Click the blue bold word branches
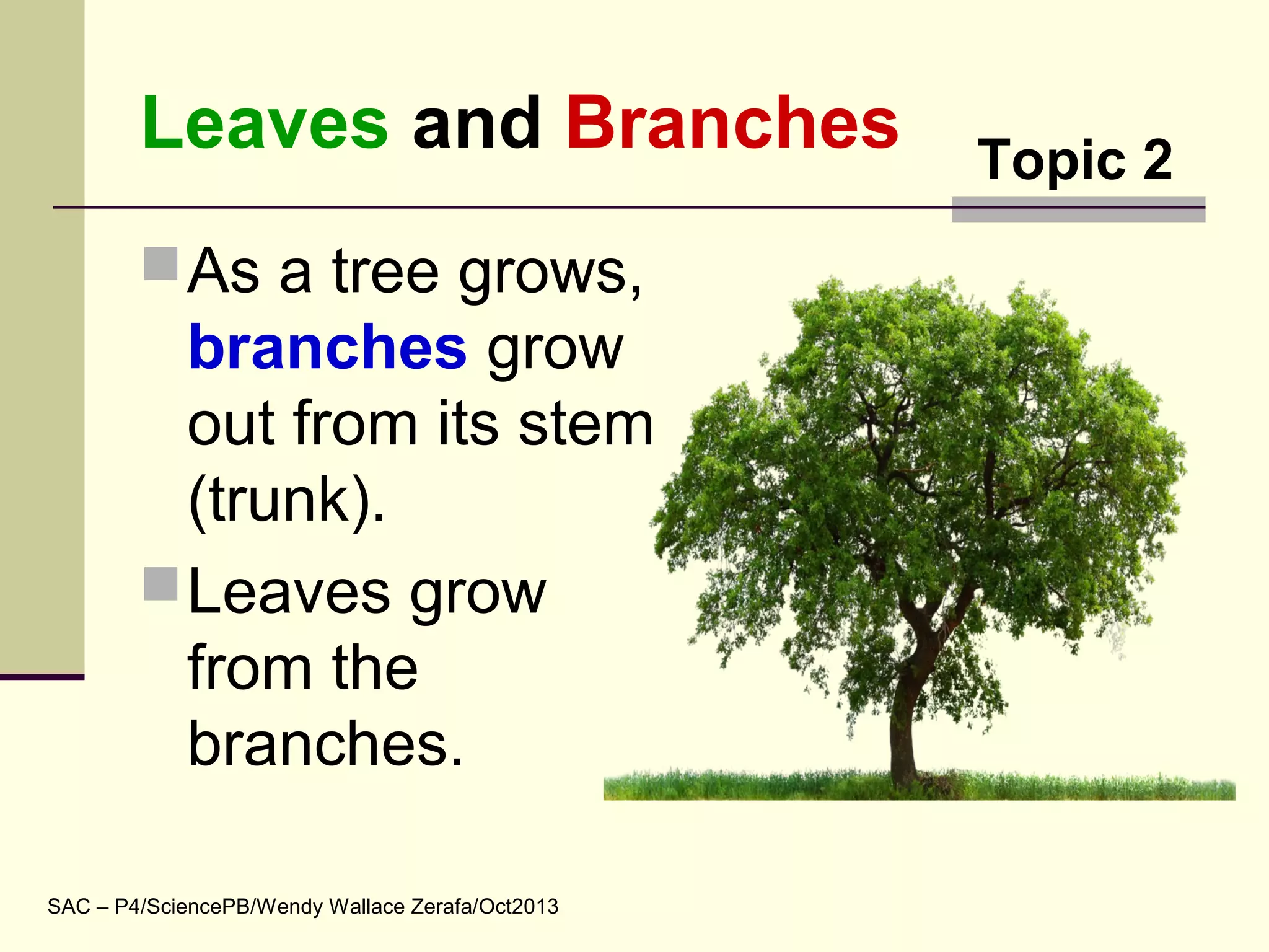tap(327, 348)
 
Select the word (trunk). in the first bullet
tap(286, 501)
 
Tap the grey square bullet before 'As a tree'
tap(161, 264)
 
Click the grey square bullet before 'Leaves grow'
tap(161, 584)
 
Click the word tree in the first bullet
tap(385, 273)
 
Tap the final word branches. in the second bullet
tap(325, 744)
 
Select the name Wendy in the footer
tap(289, 906)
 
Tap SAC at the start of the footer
tap(69, 906)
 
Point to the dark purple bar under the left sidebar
tap(42, 677)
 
